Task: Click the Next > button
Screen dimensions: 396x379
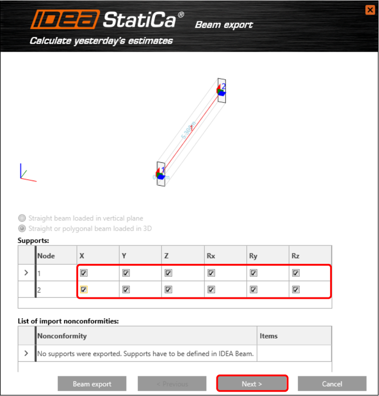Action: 252,384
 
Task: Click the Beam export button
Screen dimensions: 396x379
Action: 92,384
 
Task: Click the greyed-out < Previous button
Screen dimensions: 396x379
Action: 172,384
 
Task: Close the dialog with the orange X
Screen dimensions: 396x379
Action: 370,9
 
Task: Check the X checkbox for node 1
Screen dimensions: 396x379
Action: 83,273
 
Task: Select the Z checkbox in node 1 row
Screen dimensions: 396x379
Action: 168,273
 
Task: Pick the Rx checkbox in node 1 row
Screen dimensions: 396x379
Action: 211,273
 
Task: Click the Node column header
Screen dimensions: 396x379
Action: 46,256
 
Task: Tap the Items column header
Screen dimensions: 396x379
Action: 269,336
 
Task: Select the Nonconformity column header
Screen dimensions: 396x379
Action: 62,336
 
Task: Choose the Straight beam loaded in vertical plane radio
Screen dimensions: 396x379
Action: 22,218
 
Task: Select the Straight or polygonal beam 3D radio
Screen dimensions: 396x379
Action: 22,228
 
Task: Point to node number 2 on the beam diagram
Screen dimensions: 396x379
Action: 224,86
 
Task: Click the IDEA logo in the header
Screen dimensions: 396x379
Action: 65,20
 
